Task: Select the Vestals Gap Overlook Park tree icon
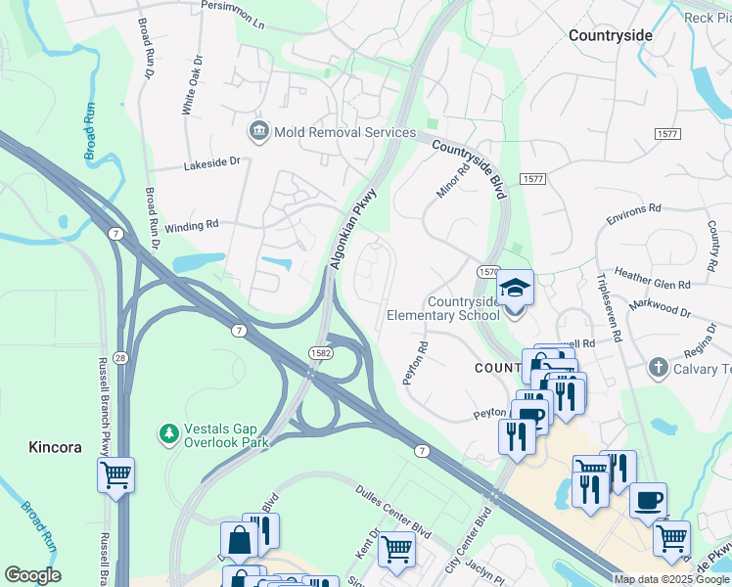(x=169, y=432)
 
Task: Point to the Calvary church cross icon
(x=659, y=368)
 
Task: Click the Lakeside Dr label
(x=211, y=165)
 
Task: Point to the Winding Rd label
(x=192, y=225)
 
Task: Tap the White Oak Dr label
(x=192, y=84)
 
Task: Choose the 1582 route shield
(x=319, y=351)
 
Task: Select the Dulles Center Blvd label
(x=394, y=512)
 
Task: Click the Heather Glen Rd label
(x=653, y=281)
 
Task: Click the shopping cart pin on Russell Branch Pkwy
(x=115, y=475)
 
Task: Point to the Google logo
(x=32, y=575)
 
